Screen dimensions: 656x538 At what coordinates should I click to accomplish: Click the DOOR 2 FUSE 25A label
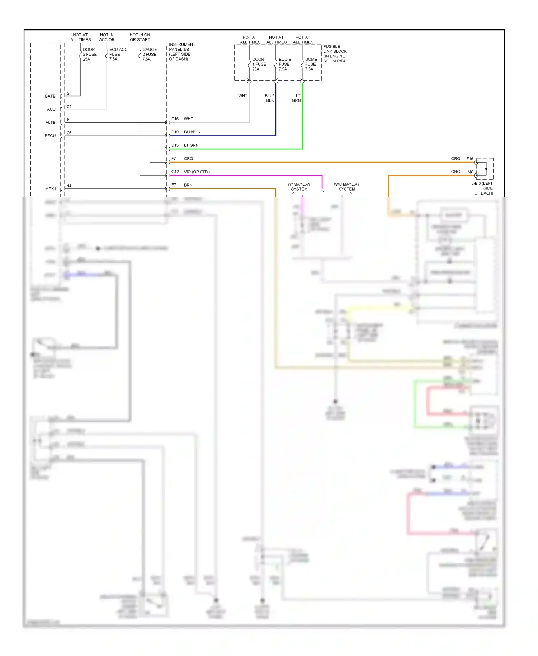pos(89,55)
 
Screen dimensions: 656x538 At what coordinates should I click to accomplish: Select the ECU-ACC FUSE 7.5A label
pos(118,55)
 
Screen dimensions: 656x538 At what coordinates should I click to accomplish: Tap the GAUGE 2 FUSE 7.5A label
pos(149,55)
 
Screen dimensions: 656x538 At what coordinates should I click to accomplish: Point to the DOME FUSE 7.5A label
pos(311,64)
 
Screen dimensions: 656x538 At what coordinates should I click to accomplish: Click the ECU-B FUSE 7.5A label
pos(284,64)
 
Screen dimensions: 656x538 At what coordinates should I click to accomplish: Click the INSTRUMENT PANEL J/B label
pos(182,52)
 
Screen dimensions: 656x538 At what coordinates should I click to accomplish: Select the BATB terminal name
pos(50,96)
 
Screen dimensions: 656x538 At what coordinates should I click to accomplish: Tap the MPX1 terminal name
pos(51,189)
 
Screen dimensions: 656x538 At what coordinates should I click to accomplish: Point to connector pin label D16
pos(175,119)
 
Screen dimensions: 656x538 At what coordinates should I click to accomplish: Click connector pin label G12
pos(175,172)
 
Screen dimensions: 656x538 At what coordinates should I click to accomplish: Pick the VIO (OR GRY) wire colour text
pos(197,172)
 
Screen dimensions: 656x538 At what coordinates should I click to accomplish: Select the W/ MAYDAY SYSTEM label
pos(299,187)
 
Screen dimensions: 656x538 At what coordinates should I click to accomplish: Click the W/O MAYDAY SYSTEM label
pos(346,187)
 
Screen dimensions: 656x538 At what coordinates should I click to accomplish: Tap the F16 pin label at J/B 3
pos(469,159)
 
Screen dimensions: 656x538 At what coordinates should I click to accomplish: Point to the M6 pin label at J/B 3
pos(470,172)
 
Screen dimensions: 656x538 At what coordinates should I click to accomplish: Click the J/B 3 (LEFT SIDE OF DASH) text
pos(483,188)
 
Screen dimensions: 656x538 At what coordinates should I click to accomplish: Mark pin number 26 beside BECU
pos(69,133)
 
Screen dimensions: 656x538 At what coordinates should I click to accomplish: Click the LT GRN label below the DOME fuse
pos(296,98)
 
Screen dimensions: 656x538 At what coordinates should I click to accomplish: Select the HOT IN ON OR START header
pos(140,37)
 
